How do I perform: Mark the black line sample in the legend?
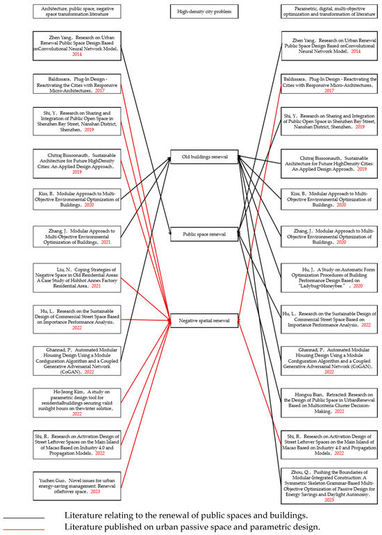point(24,518)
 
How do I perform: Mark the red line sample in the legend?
point(24,528)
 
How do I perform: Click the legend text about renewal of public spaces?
point(186,517)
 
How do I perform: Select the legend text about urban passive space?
point(192,528)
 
